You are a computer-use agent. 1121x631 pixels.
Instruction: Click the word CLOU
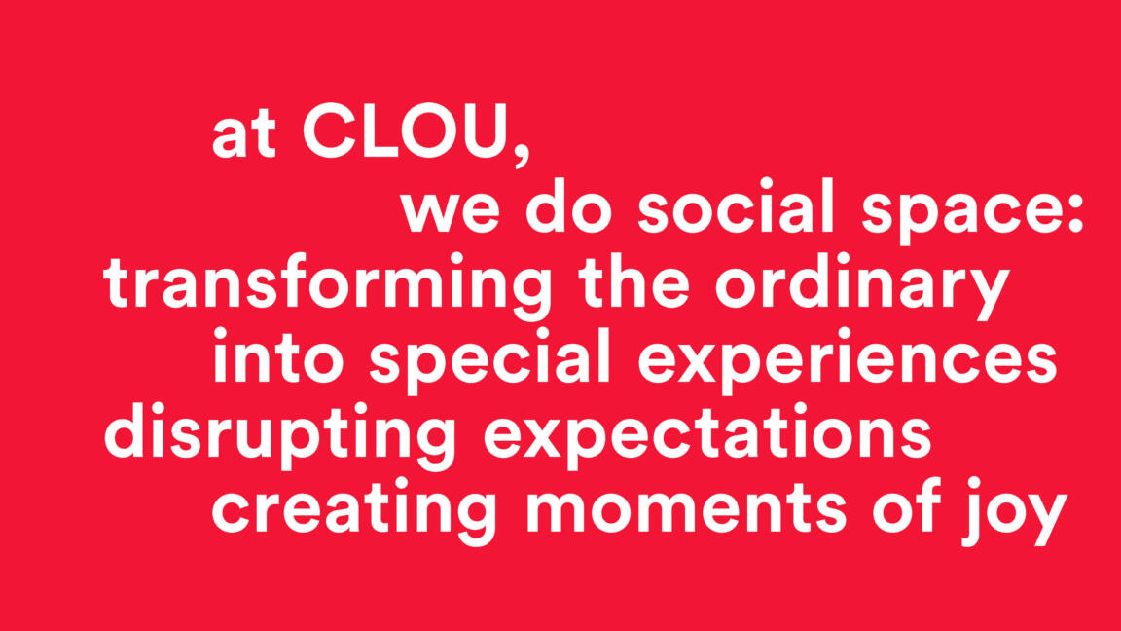(406, 131)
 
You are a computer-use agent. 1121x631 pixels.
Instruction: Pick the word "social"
(736, 206)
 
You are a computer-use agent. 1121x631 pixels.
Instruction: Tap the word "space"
(966, 213)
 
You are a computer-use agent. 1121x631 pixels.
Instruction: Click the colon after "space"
(1076, 214)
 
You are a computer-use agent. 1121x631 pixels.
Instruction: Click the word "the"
(634, 281)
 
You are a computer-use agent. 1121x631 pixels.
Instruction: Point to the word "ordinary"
(863, 287)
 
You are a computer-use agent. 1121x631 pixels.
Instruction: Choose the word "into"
(278, 355)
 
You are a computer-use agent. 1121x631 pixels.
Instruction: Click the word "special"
(489, 362)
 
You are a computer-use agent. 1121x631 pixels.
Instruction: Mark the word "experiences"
(848, 362)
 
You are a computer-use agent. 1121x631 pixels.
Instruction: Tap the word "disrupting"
(279, 436)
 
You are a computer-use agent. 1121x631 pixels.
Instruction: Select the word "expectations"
(707, 436)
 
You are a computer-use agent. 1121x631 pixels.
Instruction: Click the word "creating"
(354, 511)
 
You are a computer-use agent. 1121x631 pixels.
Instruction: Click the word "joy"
(1015, 511)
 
